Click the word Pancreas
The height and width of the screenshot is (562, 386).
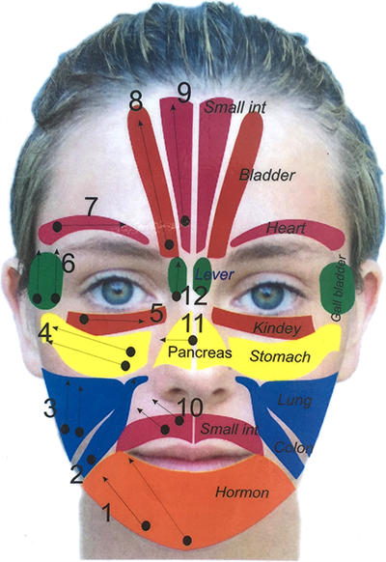200,352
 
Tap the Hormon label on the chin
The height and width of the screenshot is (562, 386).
242,492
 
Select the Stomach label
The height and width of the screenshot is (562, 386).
280,356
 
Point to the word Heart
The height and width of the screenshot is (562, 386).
286,228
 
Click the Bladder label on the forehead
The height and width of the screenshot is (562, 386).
267,176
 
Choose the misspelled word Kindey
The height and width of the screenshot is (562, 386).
277,328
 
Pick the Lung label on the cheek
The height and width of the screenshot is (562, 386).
294,401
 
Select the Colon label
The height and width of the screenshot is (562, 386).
293,447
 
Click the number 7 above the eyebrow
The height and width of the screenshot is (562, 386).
91,207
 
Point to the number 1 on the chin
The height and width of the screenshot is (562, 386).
107,513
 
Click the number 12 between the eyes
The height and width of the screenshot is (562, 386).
195,295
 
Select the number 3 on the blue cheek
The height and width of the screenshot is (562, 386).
50,408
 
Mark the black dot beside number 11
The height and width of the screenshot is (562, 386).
193,340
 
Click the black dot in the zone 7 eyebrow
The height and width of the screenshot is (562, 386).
57,227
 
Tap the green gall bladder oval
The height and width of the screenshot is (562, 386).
337,289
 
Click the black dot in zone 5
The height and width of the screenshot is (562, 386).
84,320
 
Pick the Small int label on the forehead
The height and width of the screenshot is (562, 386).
235,107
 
